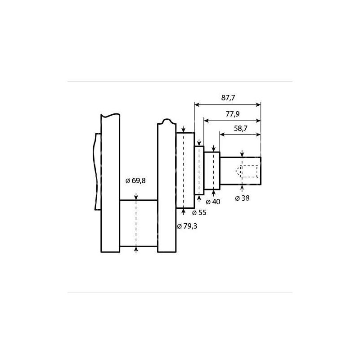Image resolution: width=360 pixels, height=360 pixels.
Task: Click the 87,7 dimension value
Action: (228, 98)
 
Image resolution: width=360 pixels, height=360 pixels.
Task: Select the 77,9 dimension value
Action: (233, 114)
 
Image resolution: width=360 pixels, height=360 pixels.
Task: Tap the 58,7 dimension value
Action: (241, 128)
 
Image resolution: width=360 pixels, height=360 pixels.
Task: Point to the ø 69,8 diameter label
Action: (135, 181)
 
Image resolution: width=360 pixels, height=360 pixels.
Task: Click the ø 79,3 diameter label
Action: (187, 226)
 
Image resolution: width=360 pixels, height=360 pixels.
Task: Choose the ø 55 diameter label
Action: (199, 212)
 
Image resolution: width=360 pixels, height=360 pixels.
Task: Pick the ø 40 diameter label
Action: (213, 202)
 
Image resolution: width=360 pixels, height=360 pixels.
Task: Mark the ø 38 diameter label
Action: (242, 198)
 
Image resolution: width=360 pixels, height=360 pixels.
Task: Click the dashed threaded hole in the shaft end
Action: (247, 171)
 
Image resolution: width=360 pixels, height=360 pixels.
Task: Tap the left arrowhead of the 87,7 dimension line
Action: (197, 105)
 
